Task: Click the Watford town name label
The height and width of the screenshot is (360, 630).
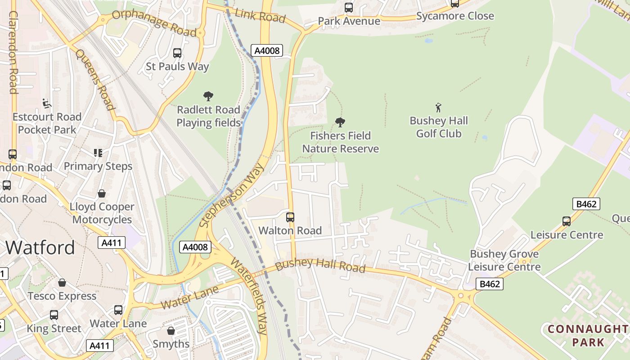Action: pos(40,248)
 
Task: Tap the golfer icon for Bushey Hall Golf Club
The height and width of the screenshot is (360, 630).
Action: pos(439,108)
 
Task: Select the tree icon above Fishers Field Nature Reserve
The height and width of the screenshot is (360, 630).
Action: pos(340,122)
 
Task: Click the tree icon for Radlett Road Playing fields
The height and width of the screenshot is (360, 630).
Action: pos(208,96)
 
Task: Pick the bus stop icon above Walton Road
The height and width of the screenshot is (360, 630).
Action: pos(290,217)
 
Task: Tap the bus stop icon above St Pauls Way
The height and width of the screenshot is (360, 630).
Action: pos(177,53)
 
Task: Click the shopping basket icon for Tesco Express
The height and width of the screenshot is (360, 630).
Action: pos(62,283)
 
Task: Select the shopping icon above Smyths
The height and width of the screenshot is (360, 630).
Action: pos(171,331)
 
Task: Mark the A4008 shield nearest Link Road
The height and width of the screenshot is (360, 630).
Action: pos(267,50)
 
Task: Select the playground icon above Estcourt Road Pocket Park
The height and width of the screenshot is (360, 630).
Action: pos(47,103)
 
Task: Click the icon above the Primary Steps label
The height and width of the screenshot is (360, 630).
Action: pos(98,153)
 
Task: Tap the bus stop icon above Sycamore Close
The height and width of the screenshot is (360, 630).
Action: pos(455,4)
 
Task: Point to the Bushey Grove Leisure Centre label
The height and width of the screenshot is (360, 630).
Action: pos(504,260)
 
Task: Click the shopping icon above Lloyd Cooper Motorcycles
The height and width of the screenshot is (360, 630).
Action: pos(102,193)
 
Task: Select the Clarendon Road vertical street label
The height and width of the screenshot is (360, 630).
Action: pos(13,53)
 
